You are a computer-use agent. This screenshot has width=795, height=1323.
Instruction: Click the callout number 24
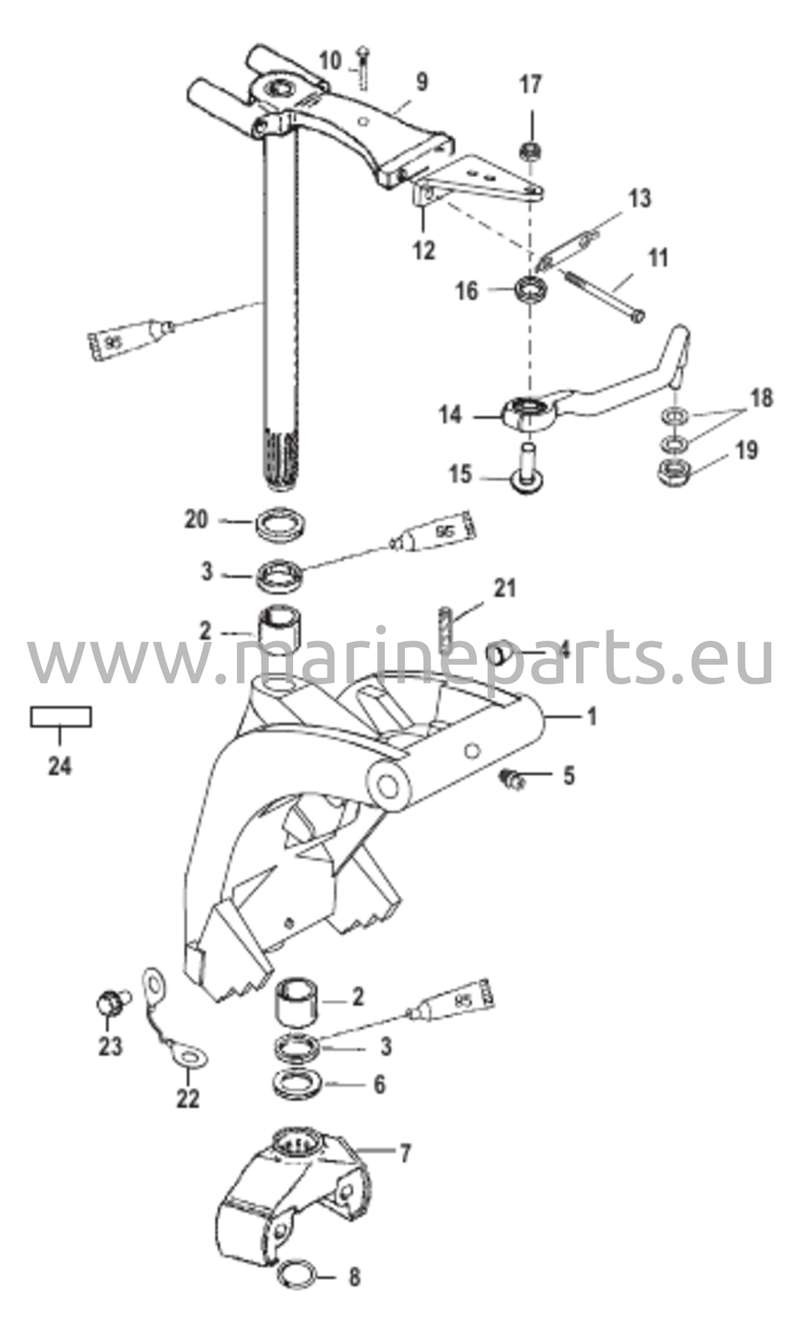60,766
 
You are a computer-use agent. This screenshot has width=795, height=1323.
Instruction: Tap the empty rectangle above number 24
61,717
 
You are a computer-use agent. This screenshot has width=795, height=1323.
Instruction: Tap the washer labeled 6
298,1085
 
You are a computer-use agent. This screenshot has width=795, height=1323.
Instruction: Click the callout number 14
451,415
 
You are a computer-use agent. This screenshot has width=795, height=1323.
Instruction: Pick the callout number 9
421,83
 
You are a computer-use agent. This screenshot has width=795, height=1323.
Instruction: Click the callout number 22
189,1099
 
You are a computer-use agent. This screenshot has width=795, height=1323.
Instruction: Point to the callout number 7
405,1153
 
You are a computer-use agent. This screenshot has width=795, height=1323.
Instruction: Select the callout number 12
424,250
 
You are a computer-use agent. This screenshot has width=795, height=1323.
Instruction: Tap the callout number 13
639,198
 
